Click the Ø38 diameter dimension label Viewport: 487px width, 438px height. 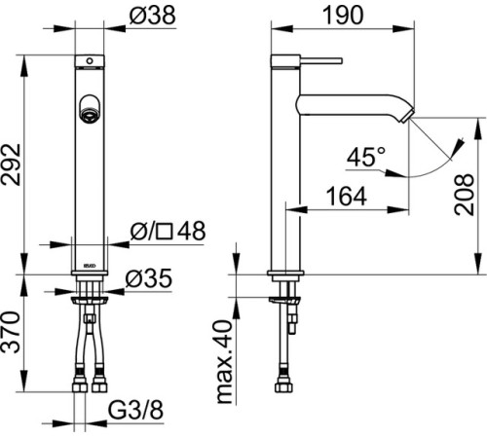point(152,16)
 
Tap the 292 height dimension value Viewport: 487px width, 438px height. point(11,164)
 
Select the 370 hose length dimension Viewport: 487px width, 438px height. point(11,332)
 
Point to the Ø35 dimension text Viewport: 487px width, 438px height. point(149,278)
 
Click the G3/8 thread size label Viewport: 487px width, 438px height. point(135,410)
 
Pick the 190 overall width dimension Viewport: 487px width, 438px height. point(343,15)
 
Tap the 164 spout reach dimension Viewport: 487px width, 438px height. point(347,197)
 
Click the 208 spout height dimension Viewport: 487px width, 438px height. point(464,195)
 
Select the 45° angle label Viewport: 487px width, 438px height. point(365,157)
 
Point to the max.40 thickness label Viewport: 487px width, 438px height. point(224,362)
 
